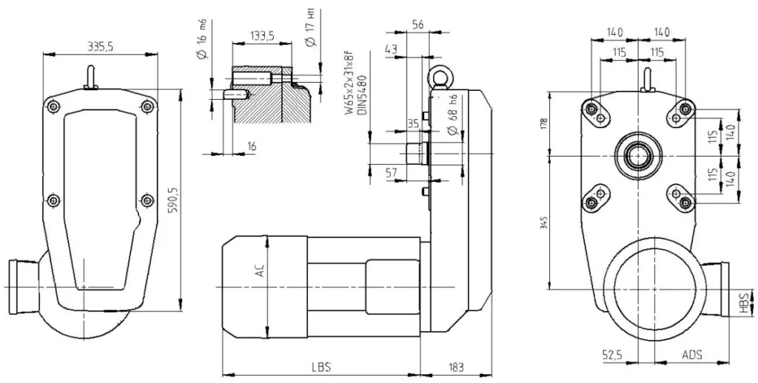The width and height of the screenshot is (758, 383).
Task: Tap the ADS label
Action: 692,356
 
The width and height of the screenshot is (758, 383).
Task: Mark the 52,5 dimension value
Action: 611,356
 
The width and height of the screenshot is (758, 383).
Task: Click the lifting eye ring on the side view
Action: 435,78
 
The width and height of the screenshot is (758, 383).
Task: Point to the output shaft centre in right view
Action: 638,156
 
